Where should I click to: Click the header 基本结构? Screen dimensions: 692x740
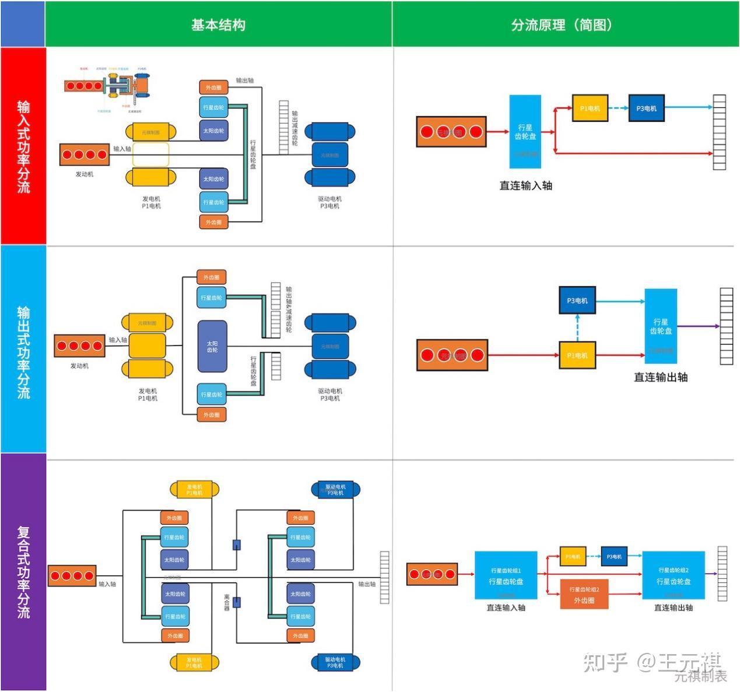click(218, 25)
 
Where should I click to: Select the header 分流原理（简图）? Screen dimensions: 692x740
click(562, 25)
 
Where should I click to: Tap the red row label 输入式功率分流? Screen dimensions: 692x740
click(23, 146)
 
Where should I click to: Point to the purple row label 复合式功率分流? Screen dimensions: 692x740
click(23, 572)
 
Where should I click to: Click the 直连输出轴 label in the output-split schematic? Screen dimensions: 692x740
click(661, 377)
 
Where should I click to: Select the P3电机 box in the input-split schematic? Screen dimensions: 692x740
click(646, 108)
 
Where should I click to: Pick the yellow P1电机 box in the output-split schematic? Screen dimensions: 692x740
click(577, 356)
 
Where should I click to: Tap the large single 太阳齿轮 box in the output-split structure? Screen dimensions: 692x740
click(212, 346)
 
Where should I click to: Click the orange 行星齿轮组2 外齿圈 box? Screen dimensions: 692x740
click(584, 595)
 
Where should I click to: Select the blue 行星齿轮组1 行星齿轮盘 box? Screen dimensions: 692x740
click(506, 576)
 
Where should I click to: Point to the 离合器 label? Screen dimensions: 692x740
click(227, 602)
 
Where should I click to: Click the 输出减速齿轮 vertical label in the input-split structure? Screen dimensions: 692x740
click(295, 128)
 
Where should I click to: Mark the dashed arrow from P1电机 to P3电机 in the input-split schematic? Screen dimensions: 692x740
click(618, 108)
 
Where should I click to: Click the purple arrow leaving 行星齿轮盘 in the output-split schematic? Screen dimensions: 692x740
click(698, 326)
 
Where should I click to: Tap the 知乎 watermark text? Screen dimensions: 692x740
click(605, 662)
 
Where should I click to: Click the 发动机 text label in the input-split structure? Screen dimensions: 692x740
click(84, 174)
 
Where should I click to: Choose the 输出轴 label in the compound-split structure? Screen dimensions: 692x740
click(367, 584)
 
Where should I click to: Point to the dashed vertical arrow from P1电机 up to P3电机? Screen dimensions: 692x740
click(577, 328)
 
